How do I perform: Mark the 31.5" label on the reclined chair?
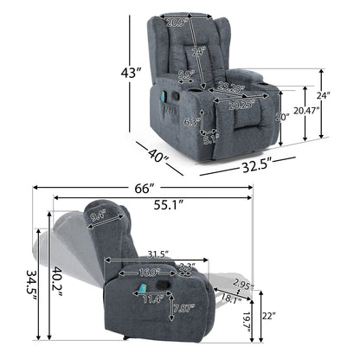tap(156, 254)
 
